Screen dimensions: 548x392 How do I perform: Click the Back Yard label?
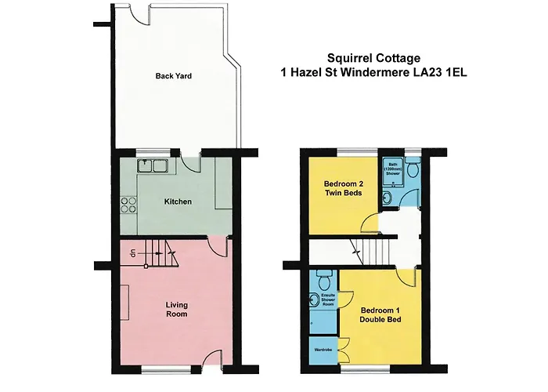(x=173, y=76)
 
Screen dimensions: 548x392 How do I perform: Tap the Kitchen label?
(x=178, y=201)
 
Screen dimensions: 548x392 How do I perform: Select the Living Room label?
(x=176, y=310)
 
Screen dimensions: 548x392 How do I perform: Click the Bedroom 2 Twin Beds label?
(x=343, y=188)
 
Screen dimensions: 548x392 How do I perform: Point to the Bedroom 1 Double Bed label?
(x=380, y=315)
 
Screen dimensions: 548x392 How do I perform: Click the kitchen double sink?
(x=153, y=165)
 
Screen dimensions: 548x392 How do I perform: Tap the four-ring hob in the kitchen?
(x=128, y=205)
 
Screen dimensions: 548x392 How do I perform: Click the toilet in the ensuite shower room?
(x=323, y=279)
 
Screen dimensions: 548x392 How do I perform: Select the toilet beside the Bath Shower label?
(x=413, y=168)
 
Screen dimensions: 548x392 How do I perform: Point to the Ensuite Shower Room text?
(x=328, y=300)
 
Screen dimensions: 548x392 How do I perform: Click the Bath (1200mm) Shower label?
(x=393, y=169)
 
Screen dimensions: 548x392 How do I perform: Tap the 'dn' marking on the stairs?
(x=133, y=252)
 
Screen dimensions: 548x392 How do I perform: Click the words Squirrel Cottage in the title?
(x=373, y=58)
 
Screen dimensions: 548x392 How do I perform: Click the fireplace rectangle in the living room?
(x=124, y=303)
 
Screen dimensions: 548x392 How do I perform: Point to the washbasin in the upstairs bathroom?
(x=387, y=198)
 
